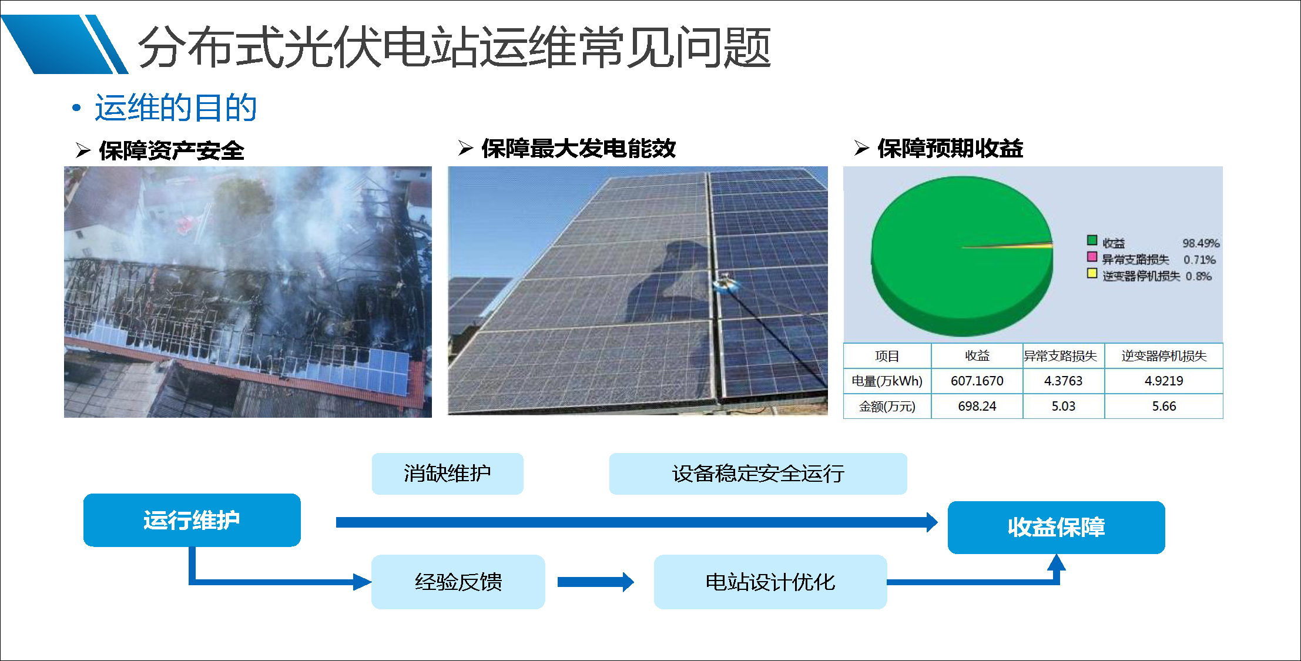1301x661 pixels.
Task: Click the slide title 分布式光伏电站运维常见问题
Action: [x=454, y=47]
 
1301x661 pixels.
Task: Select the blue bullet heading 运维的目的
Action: [x=175, y=108]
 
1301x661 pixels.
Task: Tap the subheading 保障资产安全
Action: [x=171, y=151]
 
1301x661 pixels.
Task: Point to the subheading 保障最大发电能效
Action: [x=578, y=149]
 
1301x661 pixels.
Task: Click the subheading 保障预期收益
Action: [x=950, y=149]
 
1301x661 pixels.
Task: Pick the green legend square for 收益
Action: [x=1092, y=240]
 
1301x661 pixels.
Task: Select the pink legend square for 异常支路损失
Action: [x=1092, y=257]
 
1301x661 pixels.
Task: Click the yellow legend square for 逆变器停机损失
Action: [x=1092, y=273]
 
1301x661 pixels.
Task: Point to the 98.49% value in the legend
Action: [x=1201, y=243]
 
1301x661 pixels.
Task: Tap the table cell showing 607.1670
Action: [x=977, y=381]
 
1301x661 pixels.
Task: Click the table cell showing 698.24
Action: [x=977, y=406]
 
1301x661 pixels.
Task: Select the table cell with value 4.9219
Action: [x=1163, y=381]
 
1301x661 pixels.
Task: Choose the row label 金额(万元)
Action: [x=887, y=406]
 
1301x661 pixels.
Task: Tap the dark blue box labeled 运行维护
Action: [x=192, y=520]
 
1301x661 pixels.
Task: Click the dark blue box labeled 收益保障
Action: [x=1056, y=527]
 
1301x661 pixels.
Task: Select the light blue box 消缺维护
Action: [x=447, y=474]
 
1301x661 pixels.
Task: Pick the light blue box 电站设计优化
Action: [x=770, y=582]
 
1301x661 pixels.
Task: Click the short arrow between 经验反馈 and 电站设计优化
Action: [x=595, y=582]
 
